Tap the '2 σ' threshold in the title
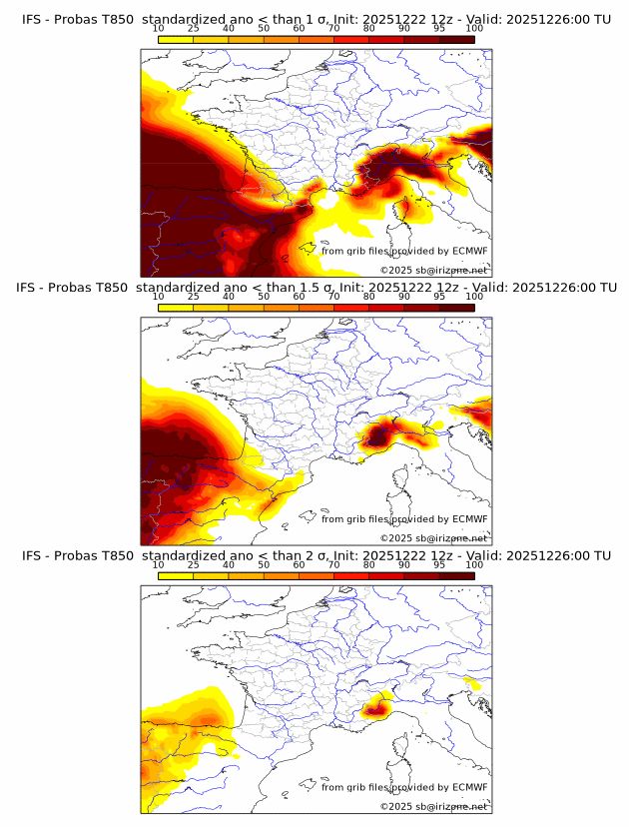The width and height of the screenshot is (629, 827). (312, 555)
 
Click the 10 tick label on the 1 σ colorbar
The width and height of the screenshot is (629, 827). (158, 28)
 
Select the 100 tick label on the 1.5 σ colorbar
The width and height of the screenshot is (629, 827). (474, 297)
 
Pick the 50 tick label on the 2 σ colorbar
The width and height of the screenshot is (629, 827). (264, 564)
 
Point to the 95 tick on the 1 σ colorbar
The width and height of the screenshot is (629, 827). (439, 28)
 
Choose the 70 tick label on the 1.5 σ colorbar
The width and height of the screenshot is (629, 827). (333, 297)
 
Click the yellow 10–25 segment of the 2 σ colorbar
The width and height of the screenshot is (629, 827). (176, 576)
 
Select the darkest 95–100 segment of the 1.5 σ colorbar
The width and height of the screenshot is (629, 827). (457, 309)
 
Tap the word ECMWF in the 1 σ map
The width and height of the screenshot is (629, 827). (468, 251)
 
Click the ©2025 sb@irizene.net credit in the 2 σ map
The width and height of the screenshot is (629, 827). (433, 806)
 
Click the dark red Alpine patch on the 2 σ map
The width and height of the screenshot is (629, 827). (376, 710)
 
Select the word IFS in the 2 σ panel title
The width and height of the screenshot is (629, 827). (32, 555)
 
